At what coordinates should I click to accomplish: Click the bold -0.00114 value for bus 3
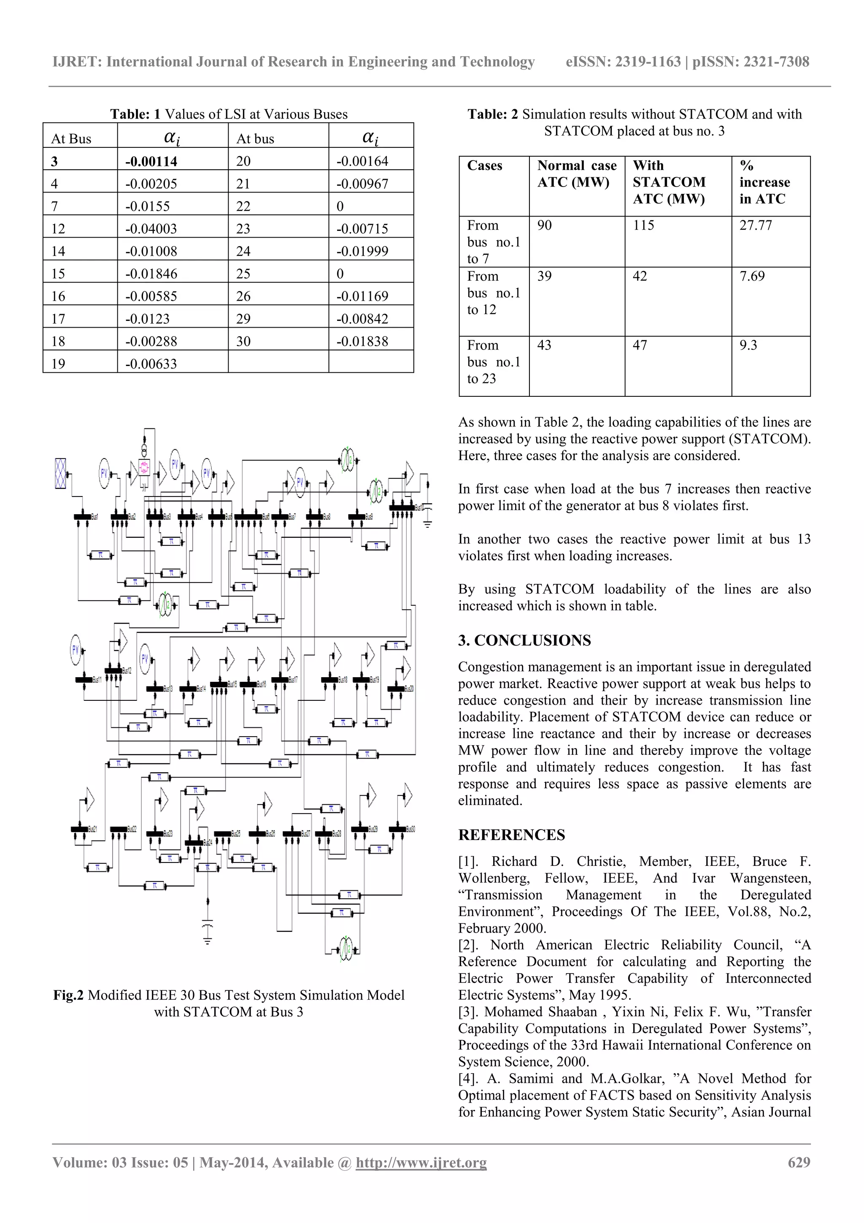151,161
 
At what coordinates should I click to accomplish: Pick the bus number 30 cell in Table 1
243,342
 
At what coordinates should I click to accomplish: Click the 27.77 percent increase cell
756,225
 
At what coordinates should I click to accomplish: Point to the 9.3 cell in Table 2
748,345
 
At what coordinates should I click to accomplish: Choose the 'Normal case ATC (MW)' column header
577,174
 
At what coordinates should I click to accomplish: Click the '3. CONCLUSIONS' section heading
524,640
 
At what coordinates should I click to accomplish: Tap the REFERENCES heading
512,835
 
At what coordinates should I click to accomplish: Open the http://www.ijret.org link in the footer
421,1162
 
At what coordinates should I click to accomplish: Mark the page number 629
799,1162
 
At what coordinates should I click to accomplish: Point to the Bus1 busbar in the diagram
83,517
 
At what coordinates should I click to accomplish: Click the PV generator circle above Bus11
76,649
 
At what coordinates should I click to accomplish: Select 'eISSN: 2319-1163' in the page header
623,62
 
